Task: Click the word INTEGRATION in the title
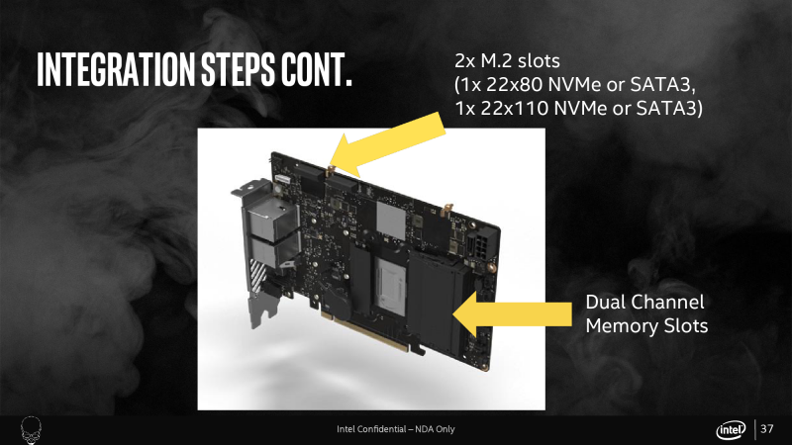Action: [x=116, y=69]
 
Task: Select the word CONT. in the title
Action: [x=317, y=69]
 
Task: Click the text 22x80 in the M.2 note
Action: [x=514, y=85]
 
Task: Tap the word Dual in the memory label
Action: [x=604, y=303]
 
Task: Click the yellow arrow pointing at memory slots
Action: [x=512, y=313]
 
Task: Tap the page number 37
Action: [x=766, y=429]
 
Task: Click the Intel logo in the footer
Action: [x=731, y=430]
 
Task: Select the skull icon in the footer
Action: [x=31, y=430]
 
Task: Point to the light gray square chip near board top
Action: [x=391, y=222]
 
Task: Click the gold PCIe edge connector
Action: [x=363, y=332]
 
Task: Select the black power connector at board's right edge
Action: [x=478, y=245]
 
